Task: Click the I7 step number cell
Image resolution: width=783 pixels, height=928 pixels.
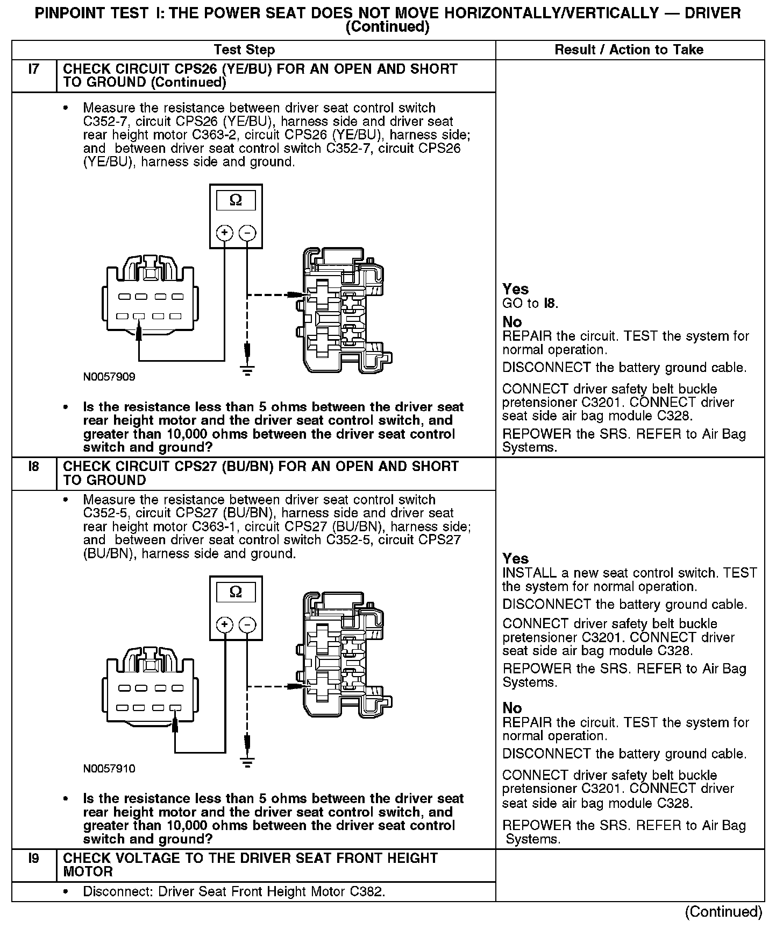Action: click(x=34, y=70)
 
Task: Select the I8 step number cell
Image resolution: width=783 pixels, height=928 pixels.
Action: click(x=34, y=467)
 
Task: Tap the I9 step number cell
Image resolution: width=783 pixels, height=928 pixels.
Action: click(x=34, y=858)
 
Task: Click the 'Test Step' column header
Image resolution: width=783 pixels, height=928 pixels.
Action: click(x=244, y=50)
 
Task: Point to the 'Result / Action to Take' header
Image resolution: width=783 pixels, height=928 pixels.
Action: click(x=629, y=50)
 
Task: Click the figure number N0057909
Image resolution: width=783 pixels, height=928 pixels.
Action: click(x=109, y=377)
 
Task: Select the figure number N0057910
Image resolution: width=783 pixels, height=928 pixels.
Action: click(x=109, y=769)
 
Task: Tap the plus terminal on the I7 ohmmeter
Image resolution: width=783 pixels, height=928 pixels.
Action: click(x=224, y=233)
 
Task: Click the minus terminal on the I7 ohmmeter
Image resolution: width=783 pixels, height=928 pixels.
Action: click(x=247, y=233)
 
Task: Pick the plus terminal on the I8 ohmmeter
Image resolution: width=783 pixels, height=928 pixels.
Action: click(x=224, y=625)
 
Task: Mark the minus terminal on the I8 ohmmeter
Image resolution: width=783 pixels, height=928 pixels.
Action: click(x=247, y=625)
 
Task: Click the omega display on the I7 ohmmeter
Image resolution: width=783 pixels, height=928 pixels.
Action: click(x=236, y=201)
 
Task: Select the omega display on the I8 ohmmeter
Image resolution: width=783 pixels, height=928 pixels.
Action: click(x=236, y=592)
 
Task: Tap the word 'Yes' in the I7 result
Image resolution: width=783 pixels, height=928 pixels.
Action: click(x=515, y=289)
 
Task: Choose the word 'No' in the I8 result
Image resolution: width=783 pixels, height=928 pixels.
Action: click(x=512, y=708)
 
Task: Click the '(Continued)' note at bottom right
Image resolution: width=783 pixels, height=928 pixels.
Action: click(x=723, y=911)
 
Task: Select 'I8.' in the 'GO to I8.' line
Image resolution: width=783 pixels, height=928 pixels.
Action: click(x=551, y=304)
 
